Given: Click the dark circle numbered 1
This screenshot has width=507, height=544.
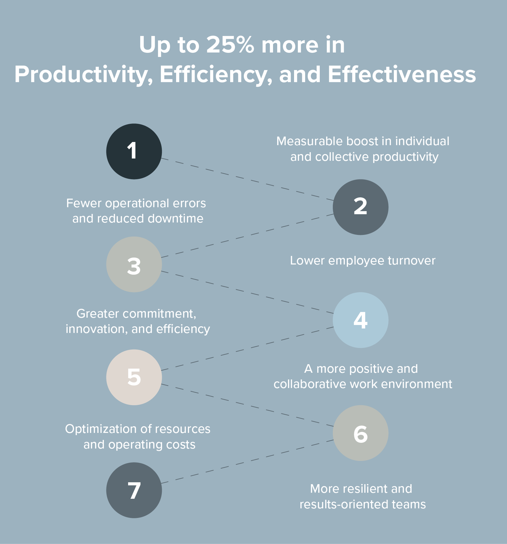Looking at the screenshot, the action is pos(134,151).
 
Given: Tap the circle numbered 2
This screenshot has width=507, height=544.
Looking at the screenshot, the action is pos(361,207).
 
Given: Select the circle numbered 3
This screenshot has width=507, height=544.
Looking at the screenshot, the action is pos(134,264).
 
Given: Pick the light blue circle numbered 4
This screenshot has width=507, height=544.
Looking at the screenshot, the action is pos(361,320).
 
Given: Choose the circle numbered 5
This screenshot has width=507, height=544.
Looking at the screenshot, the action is pos(134,377).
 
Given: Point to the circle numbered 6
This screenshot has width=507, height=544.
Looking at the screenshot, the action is pos(361,433).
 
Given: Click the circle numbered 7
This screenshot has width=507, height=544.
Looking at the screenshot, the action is pos(134,490).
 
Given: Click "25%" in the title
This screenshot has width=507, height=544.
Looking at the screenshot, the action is pos(230,45).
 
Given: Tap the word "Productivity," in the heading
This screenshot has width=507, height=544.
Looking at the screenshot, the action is pos(83,75).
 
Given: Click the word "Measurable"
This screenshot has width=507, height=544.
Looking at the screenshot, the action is pos(309,141).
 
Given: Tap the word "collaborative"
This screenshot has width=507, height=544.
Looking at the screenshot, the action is pos(310,384).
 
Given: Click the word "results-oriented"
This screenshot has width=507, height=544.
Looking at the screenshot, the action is pos(344,504).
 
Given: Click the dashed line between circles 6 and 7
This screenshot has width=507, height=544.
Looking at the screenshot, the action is pos(247,462).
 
